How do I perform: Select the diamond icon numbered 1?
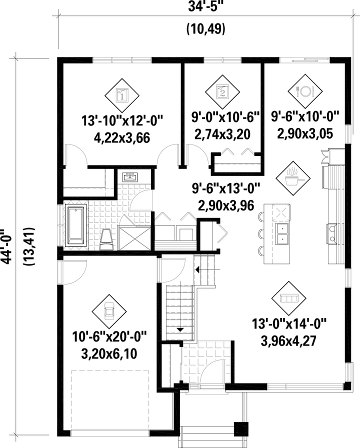pos(122,93)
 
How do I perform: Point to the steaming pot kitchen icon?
pos(291,177)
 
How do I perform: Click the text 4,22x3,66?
pos(122,138)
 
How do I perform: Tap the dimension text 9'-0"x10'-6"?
pos(226,119)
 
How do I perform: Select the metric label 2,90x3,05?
pos(305,133)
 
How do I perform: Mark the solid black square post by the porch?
pos(241,429)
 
